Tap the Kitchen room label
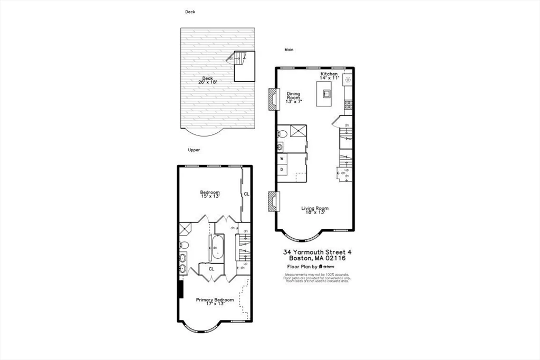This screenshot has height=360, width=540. click(329, 76)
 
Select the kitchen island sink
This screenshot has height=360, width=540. click(327, 95)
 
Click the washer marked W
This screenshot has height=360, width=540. click(282, 159)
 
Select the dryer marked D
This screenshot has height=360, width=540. click(282, 169)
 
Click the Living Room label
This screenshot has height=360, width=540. click(315, 210)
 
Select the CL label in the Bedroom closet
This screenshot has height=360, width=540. click(246, 194)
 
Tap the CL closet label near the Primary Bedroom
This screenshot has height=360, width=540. click(211, 269)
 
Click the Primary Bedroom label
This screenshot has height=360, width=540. click(215, 301)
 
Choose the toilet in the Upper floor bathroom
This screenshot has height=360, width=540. click(184, 245)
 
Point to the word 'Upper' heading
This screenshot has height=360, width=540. click(194, 150)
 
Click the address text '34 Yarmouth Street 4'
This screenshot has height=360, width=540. click(316, 252)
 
